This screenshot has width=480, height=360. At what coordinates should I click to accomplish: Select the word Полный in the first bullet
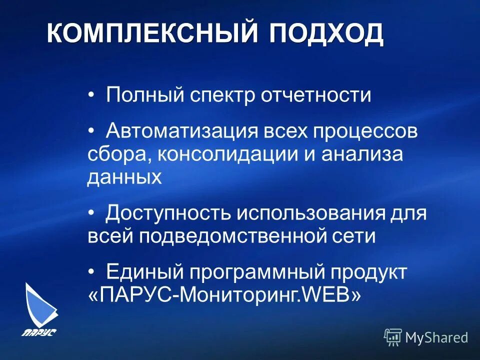click(144, 94)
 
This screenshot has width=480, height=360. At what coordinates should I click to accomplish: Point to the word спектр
click(223, 95)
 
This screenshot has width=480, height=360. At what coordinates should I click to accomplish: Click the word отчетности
click(315, 94)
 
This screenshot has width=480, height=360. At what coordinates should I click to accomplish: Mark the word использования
click(310, 213)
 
